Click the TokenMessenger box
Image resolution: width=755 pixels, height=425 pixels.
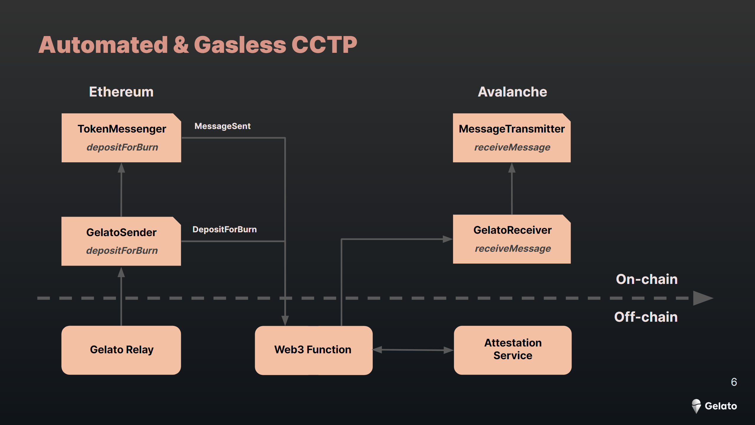click(x=121, y=138)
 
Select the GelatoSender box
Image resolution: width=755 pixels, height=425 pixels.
click(x=121, y=241)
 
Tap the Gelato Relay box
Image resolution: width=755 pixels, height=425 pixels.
click(x=121, y=350)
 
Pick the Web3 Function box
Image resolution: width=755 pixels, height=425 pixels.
click(x=314, y=350)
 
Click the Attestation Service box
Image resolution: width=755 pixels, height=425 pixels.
click(x=513, y=350)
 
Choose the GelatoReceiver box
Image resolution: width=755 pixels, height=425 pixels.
click(x=512, y=239)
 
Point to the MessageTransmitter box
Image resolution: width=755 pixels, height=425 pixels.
click(x=512, y=138)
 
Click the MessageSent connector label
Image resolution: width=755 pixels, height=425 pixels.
click(x=222, y=126)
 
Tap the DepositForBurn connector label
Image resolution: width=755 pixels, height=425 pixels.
click(x=224, y=230)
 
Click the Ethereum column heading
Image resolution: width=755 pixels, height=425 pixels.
click(x=121, y=92)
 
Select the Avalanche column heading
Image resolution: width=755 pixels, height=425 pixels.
click(x=512, y=92)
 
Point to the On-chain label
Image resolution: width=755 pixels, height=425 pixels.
click(x=646, y=279)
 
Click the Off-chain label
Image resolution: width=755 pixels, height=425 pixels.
click(x=646, y=317)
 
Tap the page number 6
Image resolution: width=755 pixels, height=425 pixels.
click(x=734, y=382)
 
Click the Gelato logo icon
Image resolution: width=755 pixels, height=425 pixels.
click(x=696, y=406)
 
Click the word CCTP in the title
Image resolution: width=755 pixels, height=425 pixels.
click(x=324, y=45)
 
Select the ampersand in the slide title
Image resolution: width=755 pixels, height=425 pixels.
click(x=181, y=45)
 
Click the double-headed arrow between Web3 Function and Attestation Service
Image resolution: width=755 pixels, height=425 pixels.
click(x=413, y=350)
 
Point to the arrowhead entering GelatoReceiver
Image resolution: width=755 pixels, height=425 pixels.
click(x=448, y=239)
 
